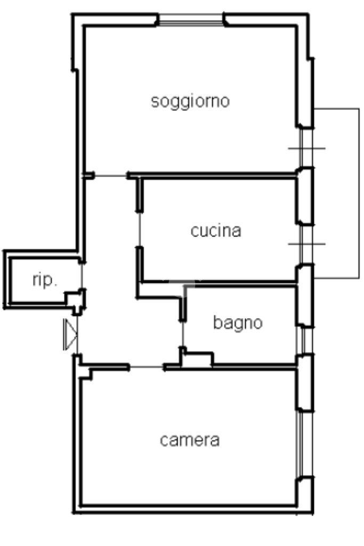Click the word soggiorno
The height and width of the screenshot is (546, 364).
point(190,102)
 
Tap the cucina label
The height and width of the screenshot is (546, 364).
point(216,231)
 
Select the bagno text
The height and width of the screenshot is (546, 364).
point(238,323)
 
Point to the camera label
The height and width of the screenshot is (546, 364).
point(190,440)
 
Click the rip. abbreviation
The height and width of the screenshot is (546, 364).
point(44,280)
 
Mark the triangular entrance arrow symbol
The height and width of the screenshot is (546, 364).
point(70,335)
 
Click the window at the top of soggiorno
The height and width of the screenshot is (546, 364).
point(191,20)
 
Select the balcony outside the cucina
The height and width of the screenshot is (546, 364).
point(336,193)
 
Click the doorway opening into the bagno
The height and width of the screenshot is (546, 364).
point(183,334)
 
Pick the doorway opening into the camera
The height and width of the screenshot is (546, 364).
point(147,367)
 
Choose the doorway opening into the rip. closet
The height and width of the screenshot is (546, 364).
point(82,276)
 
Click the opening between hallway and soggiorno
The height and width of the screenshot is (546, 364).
point(110,176)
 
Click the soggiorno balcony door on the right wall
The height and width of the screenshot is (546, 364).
point(306,148)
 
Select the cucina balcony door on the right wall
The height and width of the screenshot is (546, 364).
point(306,244)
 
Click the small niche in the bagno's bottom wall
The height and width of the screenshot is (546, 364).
point(197,360)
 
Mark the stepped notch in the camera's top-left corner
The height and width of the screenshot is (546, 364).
point(86,374)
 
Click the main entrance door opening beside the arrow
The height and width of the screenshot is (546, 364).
point(77,335)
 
